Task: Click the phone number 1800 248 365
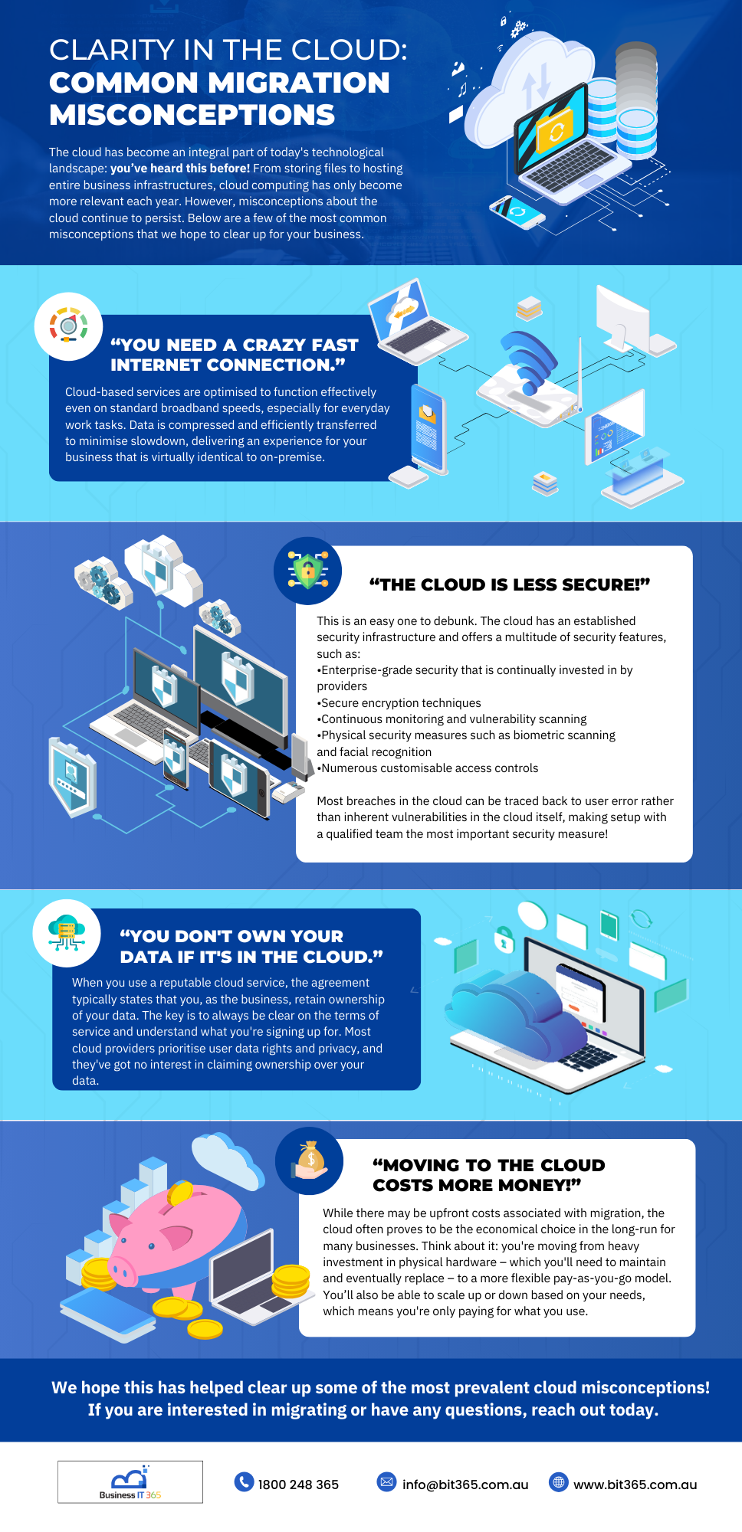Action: (298, 1485)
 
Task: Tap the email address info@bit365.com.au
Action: (465, 1485)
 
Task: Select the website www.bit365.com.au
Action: (635, 1485)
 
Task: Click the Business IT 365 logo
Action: (130, 1481)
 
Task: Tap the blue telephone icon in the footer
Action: (244, 1482)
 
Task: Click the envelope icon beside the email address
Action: (386, 1482)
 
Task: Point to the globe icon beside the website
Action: (559, 1482)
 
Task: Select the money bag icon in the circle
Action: (310, 1160)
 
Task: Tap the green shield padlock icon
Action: (307, 571)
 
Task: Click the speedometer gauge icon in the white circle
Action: (68, 326)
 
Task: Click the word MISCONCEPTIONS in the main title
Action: (192, 115)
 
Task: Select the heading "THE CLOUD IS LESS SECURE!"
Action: (510, 584)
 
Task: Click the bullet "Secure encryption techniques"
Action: (401, 702)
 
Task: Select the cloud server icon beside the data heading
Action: (67, 932)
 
